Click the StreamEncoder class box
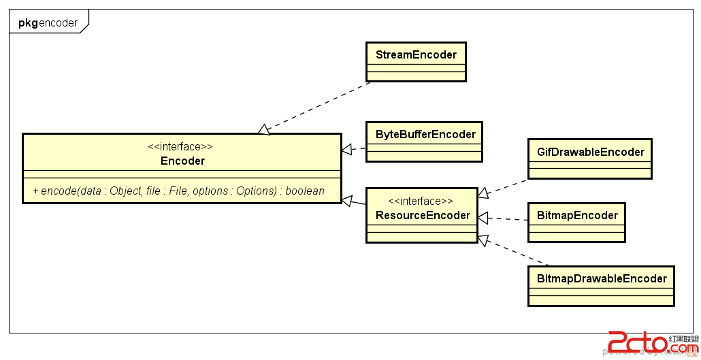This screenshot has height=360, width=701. (416, 62)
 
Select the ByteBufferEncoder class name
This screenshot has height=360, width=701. (425, 134)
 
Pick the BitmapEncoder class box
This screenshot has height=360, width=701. (577, 222)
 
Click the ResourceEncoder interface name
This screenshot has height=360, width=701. (423, 215)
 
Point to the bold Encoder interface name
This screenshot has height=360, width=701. (182, 161)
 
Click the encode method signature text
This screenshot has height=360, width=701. (178, 191)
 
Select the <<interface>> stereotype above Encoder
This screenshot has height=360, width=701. (180, 146)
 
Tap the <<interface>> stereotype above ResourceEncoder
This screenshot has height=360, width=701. (421, 201)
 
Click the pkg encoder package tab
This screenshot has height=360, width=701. (48, 23)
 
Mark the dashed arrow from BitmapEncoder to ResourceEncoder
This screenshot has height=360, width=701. (504, 219)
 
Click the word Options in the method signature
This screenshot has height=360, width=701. (256, 191)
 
